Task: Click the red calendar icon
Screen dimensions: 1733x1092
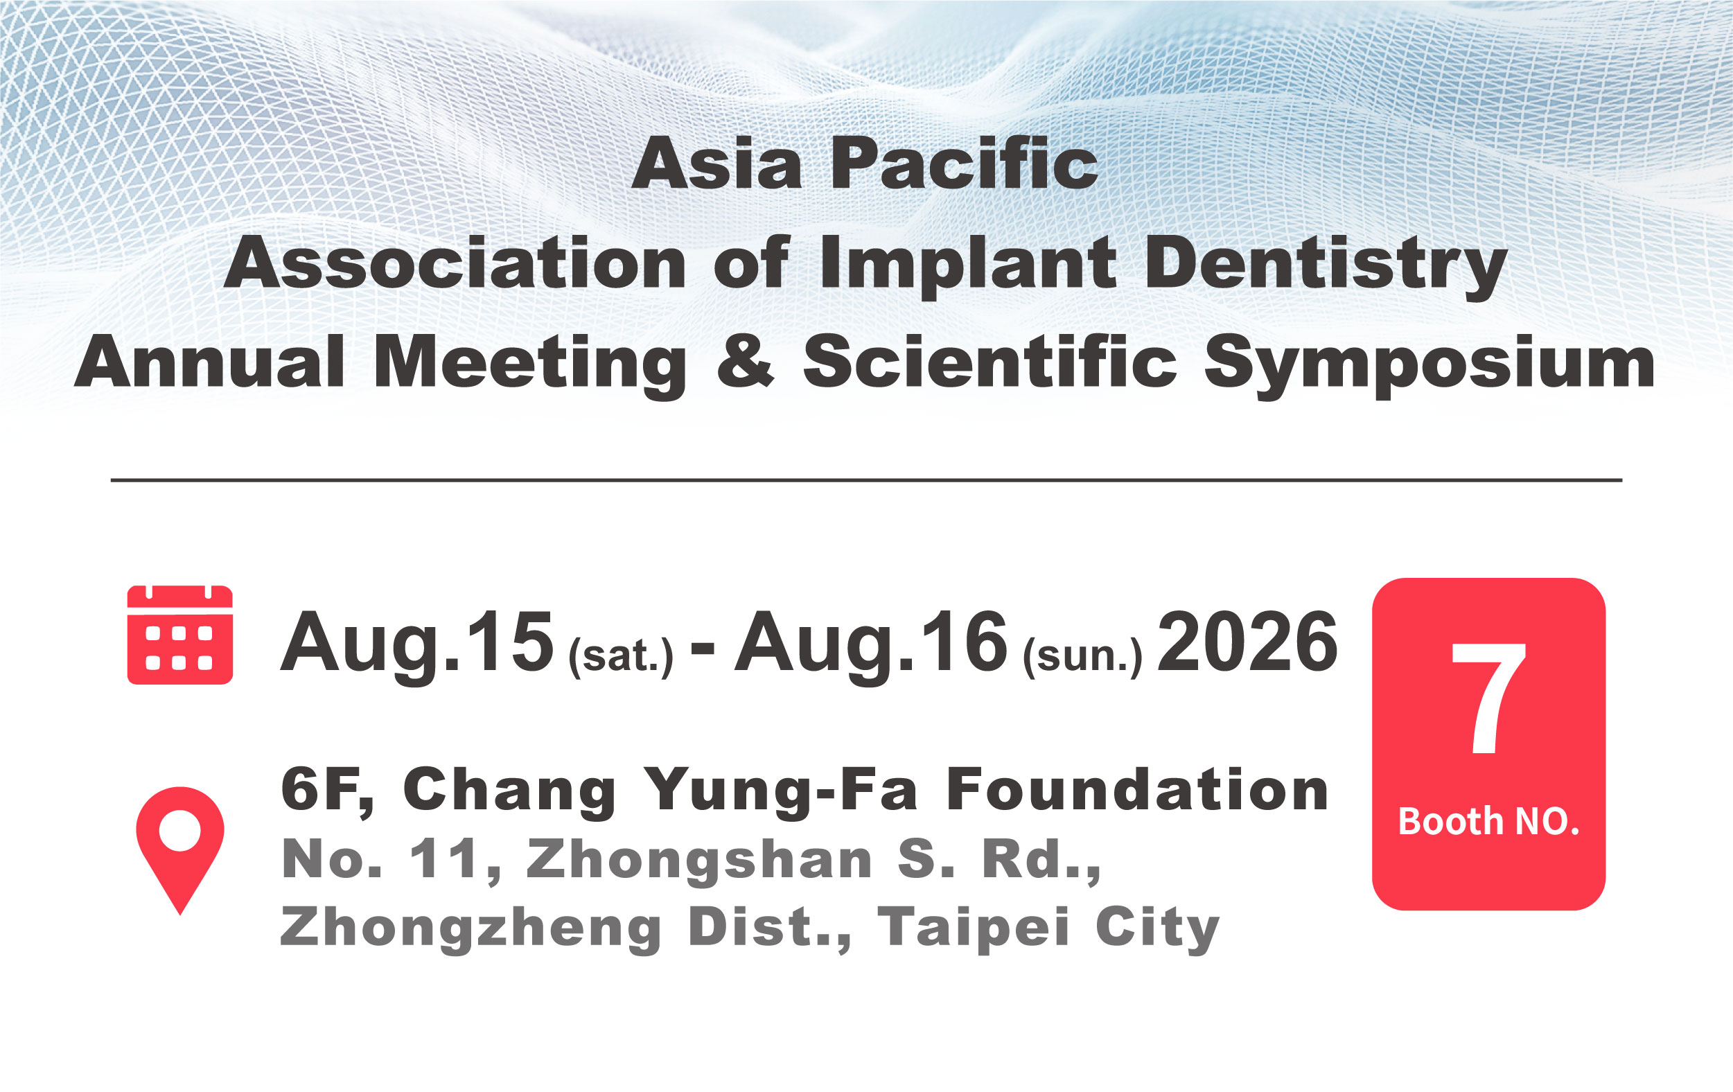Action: click(180, 634)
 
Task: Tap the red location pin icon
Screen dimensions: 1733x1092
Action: click(180, 849)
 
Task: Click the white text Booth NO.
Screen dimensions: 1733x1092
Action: click(1488, 821)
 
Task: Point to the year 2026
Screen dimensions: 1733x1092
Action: click(1247, 642)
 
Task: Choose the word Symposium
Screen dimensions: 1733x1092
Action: click(1429, 364)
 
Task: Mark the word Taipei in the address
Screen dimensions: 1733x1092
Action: click(973, 928)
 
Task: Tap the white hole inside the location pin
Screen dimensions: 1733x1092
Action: click(179, 830)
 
